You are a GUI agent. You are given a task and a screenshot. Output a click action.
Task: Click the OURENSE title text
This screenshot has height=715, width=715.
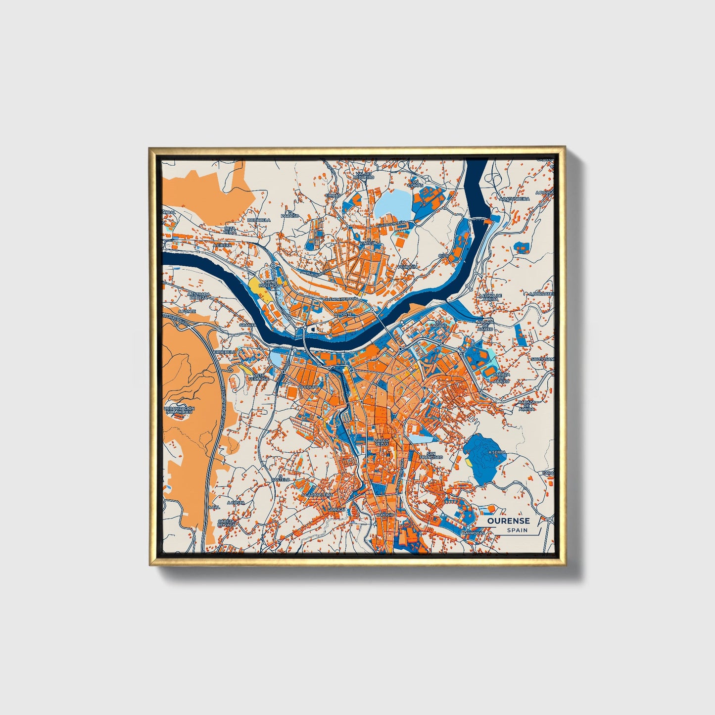pos(508,521)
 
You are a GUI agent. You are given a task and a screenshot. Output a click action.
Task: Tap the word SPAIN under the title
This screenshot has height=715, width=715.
pos(517,530)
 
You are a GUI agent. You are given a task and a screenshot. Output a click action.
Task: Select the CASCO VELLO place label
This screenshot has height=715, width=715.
pos(381,442)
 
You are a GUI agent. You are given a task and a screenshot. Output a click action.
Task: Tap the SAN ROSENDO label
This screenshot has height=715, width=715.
pos(272,284)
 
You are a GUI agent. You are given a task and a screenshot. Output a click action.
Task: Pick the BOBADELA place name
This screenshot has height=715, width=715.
pos(259,220)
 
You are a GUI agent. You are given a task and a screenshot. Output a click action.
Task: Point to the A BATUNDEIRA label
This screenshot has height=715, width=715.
pos(515,198)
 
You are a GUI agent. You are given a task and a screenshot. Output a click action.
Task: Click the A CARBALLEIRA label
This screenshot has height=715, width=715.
pos(317,494)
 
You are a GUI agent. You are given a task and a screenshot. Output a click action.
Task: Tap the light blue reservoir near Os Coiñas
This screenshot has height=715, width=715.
pos(392,204)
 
